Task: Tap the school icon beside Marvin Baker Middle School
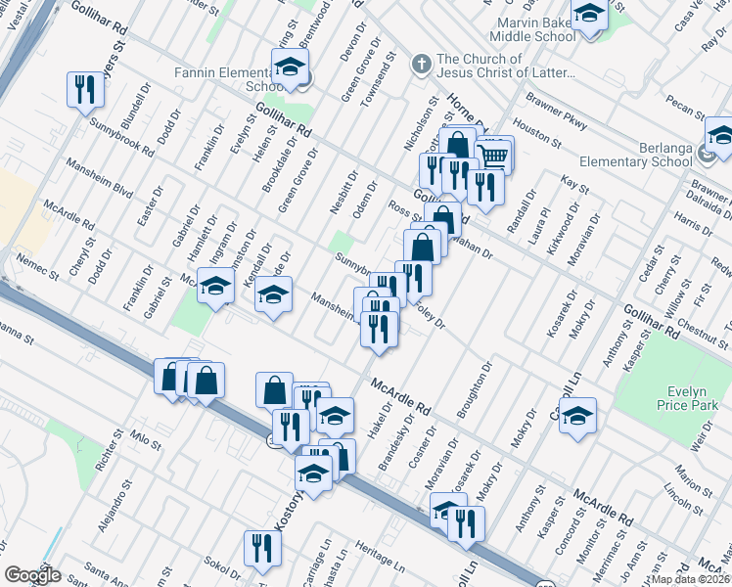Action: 589,15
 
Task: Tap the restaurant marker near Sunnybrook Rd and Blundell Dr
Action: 85,89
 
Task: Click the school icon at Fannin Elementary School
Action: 290,68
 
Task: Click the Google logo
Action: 31,575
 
